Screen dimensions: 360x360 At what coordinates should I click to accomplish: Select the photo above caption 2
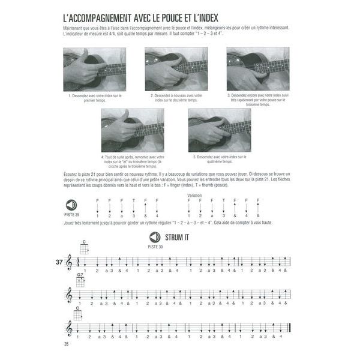(x=176, y=68)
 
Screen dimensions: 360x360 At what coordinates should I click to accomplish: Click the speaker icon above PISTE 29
(x=71, y=205)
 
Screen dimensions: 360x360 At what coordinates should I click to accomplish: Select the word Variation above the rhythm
(x=194, y=196)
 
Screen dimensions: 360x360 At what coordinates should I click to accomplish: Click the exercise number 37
(x=58, y=262)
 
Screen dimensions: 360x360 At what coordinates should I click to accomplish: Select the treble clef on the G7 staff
(x=69, y=295)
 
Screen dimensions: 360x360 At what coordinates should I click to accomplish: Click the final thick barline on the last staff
(x=290, y=328)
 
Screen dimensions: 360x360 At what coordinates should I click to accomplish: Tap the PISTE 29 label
(x=71, y=214)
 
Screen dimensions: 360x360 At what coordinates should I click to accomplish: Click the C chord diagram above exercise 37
(x=85, y=247)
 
